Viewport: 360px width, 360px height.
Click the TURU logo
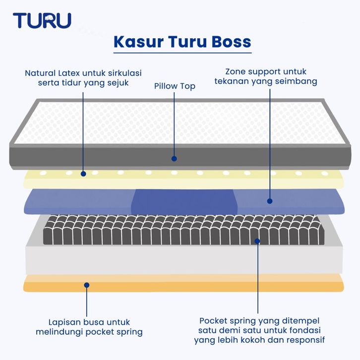(42, 20)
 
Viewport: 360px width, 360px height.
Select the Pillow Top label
(175, 86)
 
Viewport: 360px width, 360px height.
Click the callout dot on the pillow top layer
(174, 158)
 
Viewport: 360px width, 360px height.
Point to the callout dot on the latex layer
(83, 174)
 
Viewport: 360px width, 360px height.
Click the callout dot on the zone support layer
(270, 201)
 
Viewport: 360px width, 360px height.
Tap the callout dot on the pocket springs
(257, 241)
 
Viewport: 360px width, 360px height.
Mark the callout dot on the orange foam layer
(87, 285)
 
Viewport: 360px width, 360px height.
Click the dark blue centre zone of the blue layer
(184, 202)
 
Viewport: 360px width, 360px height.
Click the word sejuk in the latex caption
(118, 83)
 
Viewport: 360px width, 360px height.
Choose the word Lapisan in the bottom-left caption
(64, 322)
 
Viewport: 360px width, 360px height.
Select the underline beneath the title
(182, 53)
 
